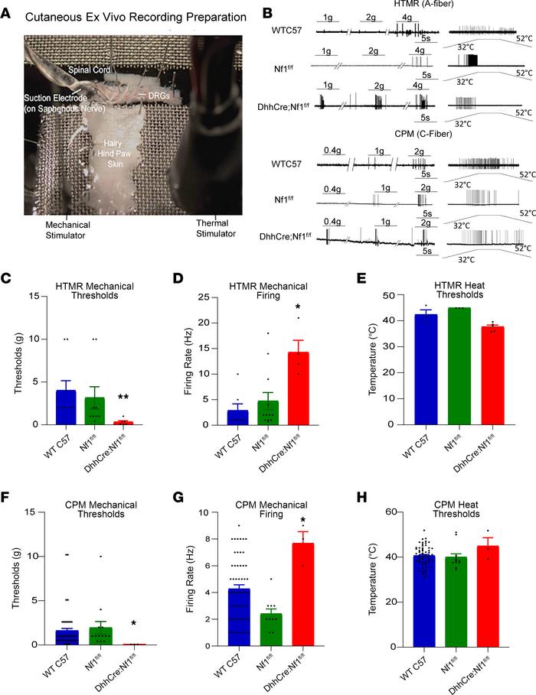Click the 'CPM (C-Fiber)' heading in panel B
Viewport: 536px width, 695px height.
point(446,136)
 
